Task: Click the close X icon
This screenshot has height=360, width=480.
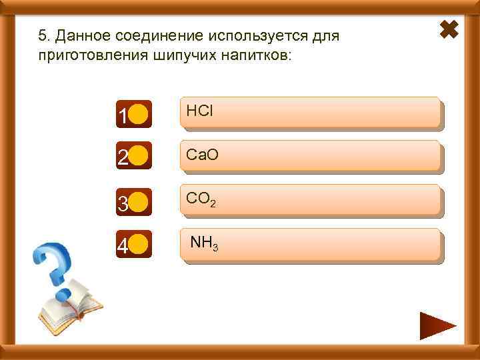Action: tap(451, 29)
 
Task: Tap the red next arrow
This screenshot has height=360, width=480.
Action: tap(437, 326)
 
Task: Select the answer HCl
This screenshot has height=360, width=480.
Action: tap(311, 113)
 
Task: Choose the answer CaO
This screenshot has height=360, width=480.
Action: tap(311, 157)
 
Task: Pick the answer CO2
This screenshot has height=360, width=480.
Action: tap(311, 201)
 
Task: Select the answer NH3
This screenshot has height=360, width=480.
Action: tap(311, 245)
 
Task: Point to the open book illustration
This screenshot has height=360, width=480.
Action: tap(69, 303)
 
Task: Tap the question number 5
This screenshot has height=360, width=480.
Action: tap(43, 35)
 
